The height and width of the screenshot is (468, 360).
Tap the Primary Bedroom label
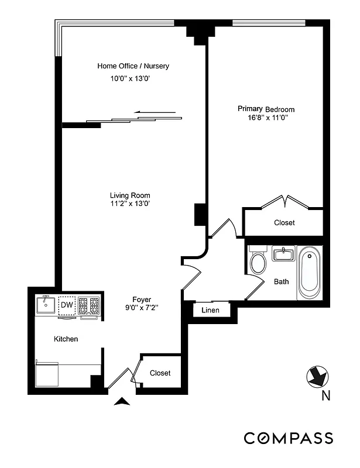click(x=266, y=109)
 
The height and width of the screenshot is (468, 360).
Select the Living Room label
click(x=130, y=195)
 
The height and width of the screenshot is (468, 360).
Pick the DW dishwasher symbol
click(x=67, y=305)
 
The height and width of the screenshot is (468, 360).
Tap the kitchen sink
click(x=45, y=304)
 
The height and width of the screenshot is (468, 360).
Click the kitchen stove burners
click(x=90, y=305)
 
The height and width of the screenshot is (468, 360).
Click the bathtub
click(x=310, y=272)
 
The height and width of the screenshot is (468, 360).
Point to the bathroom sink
click(x=283, y=254)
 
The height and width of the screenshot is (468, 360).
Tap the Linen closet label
click(x=210, y=310)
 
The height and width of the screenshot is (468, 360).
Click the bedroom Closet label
click(x=284, y=223)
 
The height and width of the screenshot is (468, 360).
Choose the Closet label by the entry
click(x=160, y=373)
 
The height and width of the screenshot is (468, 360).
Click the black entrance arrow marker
click(x=122, y=401)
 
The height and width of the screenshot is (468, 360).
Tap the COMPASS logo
click(x=289, y=438)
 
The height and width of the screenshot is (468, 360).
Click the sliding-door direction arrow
click(x=155, y=112)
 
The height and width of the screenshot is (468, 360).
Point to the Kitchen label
click(x=66, y=339)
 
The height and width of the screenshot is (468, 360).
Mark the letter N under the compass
click(x=325, y=396)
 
